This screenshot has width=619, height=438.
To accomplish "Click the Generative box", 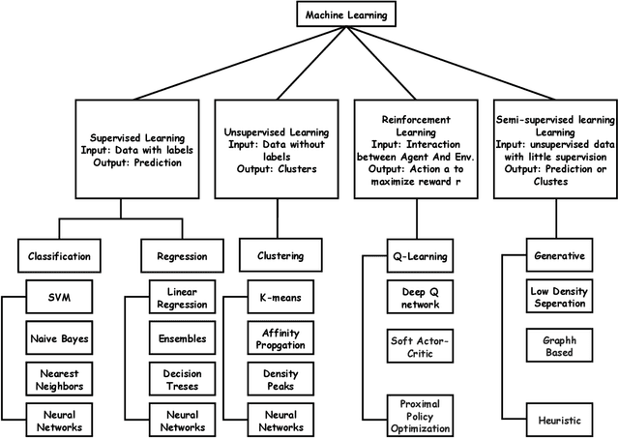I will pos(559,257).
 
